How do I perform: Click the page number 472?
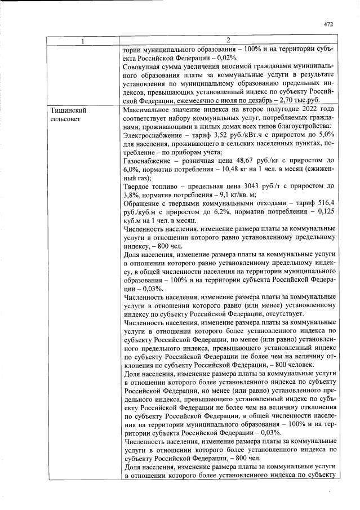pos(329,24)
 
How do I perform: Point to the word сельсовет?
pos(65,119)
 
